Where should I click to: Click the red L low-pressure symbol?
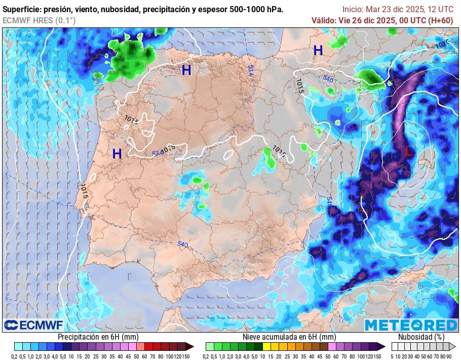[408, 151]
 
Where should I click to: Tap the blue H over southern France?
[318, 50]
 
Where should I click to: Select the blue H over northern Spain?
[186, 70]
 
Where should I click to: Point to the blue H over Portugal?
[117, 154]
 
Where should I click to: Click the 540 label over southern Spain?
[183, 245]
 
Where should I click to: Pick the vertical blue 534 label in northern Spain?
[251, 70]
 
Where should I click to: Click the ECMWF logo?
[33, 325]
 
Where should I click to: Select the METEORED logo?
[411, 325]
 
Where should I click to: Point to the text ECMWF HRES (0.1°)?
[39, 20]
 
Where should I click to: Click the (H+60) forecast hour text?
[440, 20]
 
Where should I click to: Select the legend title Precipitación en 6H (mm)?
[98, 337]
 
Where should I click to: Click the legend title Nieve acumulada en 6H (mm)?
[289, 337]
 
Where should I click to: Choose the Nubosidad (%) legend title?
[421, 337]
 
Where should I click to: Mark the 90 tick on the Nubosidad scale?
[449, 356]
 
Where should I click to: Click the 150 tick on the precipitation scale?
[186, 356]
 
